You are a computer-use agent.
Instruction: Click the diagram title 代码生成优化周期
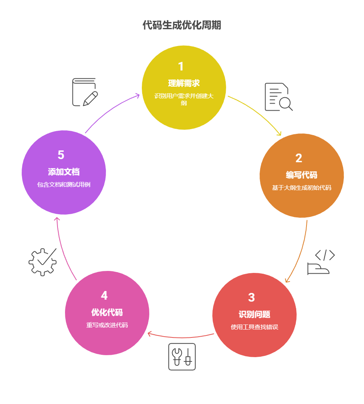pyautogui.click(x=182, y=25)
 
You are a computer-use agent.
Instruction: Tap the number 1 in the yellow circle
pyautogui.click(x=181, y=66)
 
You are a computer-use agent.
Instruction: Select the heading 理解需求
pyautogui.click(x=184, y=83)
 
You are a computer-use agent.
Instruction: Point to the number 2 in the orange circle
pyautogui.click(x=299, y=158)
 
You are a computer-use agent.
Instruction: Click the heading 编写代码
pyautogui.click(x=301, y=175)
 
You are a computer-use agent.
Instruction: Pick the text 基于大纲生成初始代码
pyautogui.click(x=301, y=188)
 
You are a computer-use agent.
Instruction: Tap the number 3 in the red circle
pyautogui.click(x=251, y=297)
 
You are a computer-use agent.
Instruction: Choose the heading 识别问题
pyautogui.click(x=254, y=314)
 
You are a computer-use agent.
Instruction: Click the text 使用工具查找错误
pyautogui.click(x=254, y=327)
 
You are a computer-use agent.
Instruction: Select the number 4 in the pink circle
pyautogui.click(x=104, y=295)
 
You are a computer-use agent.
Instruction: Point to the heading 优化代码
pyautogui.click(x=107, y=312)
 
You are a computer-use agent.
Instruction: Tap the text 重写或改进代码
pyautogui.click(x=107, y=325)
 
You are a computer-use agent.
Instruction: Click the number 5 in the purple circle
pyautogui.click(x=61, y=155)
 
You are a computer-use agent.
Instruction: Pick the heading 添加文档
pyautogui.click(x=64, y=172)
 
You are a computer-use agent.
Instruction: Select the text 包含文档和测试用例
pyautogui.click(x=64, y=184)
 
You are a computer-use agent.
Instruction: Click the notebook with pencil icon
pyautogui.click(x=84, y=92)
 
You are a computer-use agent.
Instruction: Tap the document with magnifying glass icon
pyautogui.click(x=278, y=97)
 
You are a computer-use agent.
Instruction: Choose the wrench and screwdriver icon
pyautogui.click(x=182, y=356)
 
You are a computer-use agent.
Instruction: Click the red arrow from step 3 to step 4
pyautogui.click(x=181, y=337)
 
